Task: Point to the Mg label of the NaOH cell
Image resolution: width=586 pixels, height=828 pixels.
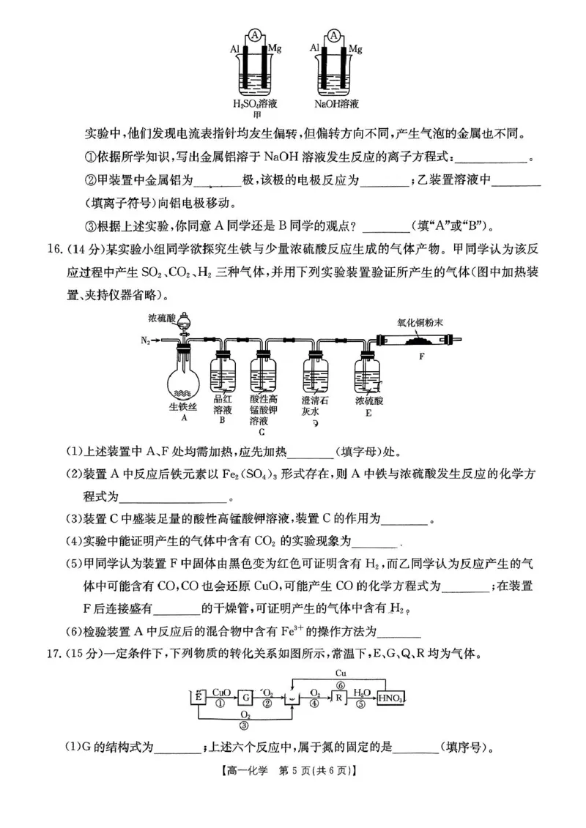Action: [355, 49]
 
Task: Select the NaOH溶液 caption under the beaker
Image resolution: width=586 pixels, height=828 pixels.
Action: [336, 104]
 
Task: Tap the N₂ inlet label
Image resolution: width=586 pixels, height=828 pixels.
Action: [148, 340]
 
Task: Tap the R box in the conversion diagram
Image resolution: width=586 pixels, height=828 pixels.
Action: [339, 698]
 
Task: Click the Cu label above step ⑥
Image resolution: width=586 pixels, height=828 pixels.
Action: [341, 672]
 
